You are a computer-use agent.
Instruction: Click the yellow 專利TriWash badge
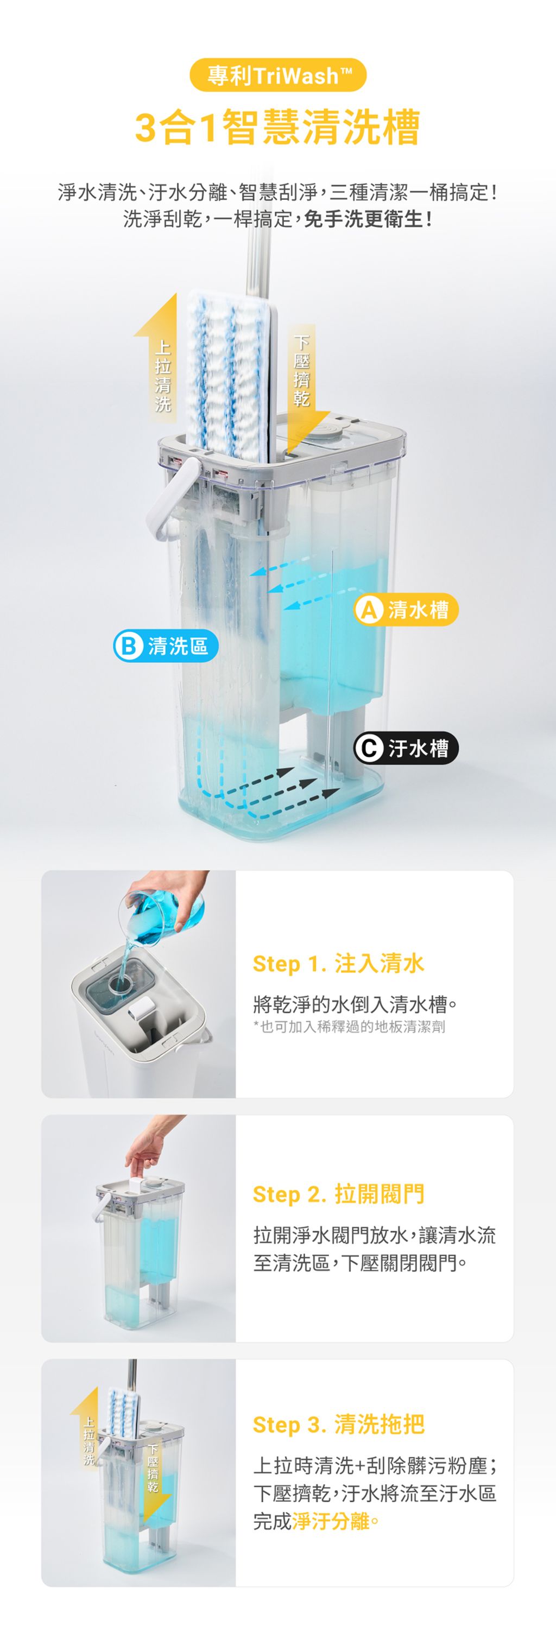pos(278,75)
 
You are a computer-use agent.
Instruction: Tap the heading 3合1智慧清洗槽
pos(277,126)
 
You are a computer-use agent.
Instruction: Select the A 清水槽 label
pos(406,610)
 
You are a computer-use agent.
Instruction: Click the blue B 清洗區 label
pos(166,646)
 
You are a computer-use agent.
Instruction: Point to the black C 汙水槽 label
pos(406,748)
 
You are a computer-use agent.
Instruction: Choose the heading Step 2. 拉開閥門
pos(338,1194)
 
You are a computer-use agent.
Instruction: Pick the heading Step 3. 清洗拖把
pos(338,1424)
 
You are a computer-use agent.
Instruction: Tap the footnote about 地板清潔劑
pos(349,1026)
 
